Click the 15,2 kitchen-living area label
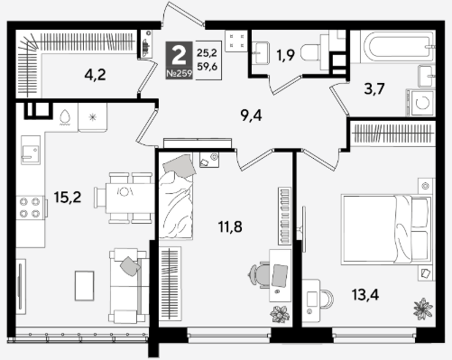pyautogui.click(x=68, y=198)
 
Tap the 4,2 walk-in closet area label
pyautogui.click(x=95, y=75)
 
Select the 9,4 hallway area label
pyautogui.click(x=252, y=115)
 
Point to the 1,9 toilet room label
pyautogui.click(x=285, y=55)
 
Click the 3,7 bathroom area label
pyautogui.click(x=374, y=88)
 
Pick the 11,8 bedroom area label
pyautogui.click(x=230, y=226)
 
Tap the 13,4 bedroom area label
pyautogui.click(x=365, y=294)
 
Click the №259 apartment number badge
pyautogui.click(x=179, y=74)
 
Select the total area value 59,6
pyautogui.click(x=207, y=66)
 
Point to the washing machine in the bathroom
pyautogui.click(x=421, y=103)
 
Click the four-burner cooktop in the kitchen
pyautogui.click(x=30, y=208)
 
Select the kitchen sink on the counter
pyautogui.click(x=31, y=150)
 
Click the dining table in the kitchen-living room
pyautogui.click(x=130, y=198)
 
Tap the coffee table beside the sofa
pyautogui.click(x=85, y=285)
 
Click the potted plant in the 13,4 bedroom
pyautogui.click(x=422, y=309)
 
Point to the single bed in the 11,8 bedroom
pyautogui.click(x=176, y=197)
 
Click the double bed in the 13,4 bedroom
pyautogui.click(x=386, y=230)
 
